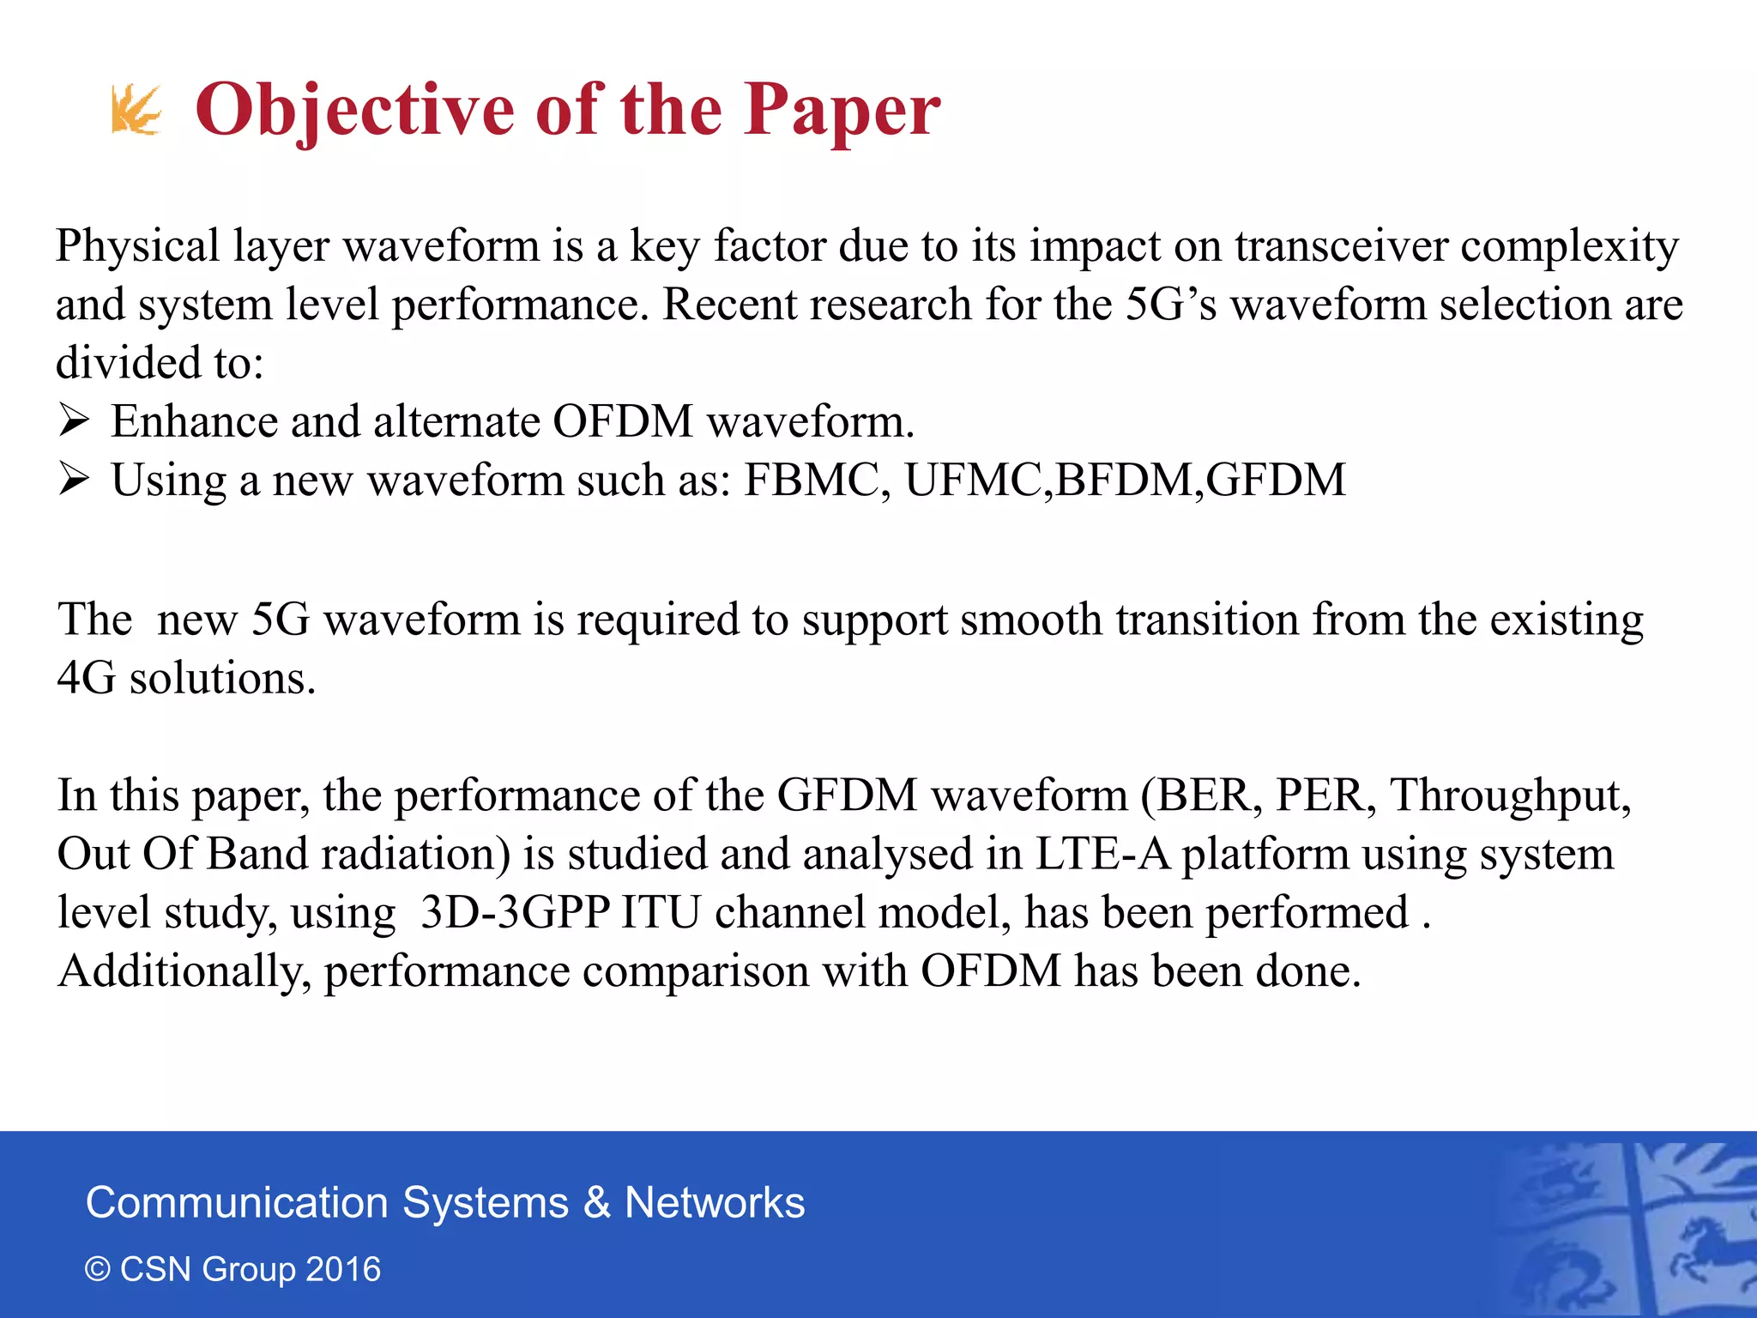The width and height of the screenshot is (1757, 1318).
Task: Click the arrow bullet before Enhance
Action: pyautogui.click(x=75, y=421)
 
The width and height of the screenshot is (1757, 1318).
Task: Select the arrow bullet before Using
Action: pyautogui.click(x=75, y=480)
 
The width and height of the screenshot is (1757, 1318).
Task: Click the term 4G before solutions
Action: pyautogui.click(x=86, y=678)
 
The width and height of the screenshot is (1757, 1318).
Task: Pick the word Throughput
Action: pyautogui.click(x=1508, y=795)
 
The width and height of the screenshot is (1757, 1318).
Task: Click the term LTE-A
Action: pyautogui.click(x=1102, y=854)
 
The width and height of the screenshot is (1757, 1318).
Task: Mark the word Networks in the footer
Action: pyautogui.click(x=715, y=1202)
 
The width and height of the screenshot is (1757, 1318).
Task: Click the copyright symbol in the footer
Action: pyautogui.click(x=98, y=1270)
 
